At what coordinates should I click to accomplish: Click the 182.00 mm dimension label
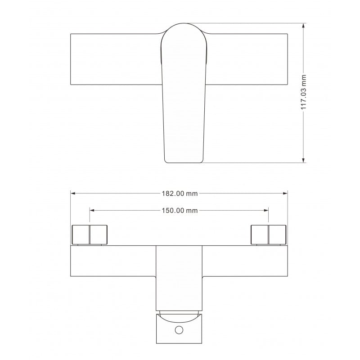click(179, 193)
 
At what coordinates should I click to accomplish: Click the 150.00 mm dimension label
click(179, 210)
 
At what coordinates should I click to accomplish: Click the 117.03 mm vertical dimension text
click(304, 92)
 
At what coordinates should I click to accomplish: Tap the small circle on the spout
click(179, 330)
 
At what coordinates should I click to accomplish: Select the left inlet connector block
click(90, 234)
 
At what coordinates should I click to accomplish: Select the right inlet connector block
click(268, 234)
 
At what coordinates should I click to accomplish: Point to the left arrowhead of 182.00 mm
click(73, 193)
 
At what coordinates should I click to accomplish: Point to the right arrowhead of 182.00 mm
click(285, 193)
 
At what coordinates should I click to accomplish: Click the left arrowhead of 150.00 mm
click(92, 210)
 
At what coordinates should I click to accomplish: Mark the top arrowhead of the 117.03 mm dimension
click(304, 25)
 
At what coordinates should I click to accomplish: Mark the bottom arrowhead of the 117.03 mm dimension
click(304, 160)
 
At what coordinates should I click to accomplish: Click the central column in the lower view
click(179, 277)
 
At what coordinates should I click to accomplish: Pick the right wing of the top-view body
click(247, 59)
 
